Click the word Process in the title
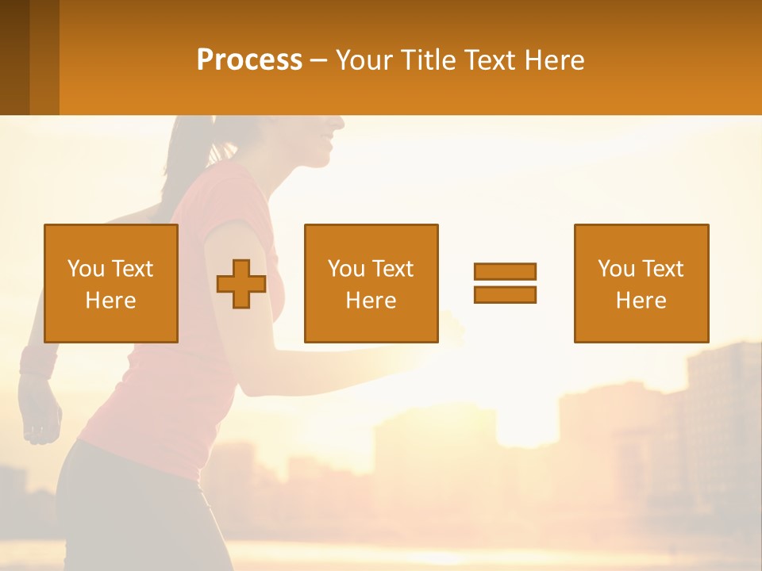(249, 60)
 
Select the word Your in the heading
(364, 60)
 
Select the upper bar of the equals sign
(505, 271)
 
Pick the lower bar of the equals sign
(505, 294)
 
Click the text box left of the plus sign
(110, 283)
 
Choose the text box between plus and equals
(371, 283)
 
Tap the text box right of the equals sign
(641, 283)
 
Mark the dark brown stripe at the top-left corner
(14, 57)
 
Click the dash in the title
(319, 60)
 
